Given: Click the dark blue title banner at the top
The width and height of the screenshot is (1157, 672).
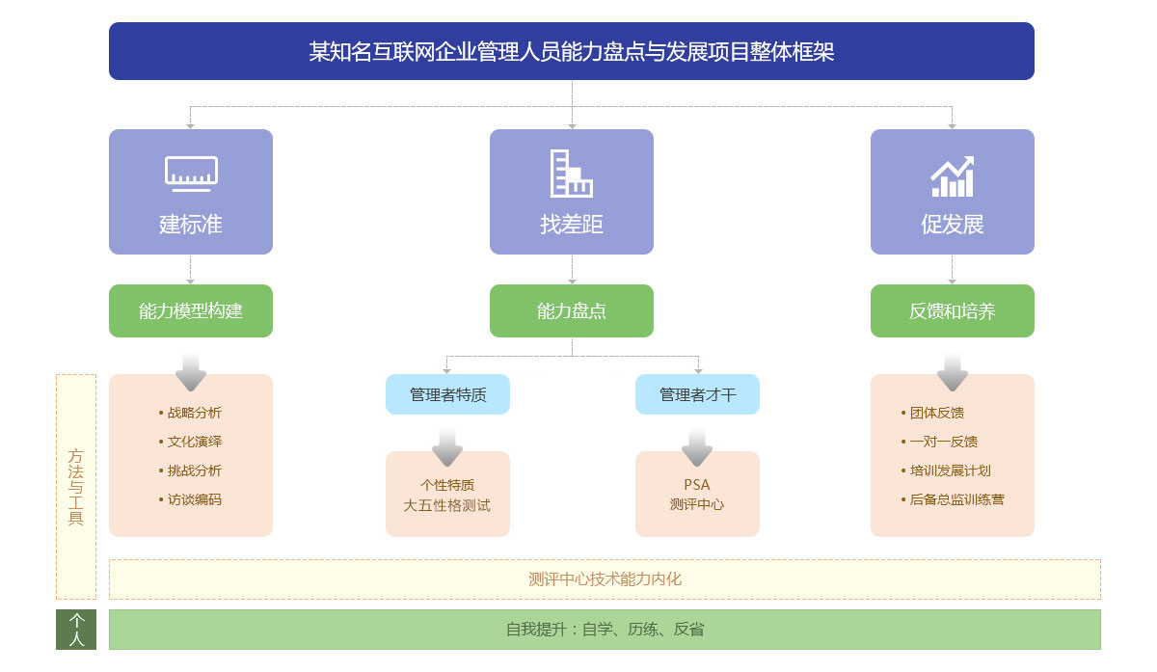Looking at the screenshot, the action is coord(571,51).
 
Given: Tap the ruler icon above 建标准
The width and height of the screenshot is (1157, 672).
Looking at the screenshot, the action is coord(191,174).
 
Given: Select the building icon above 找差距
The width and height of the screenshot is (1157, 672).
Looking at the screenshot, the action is coord(571,174).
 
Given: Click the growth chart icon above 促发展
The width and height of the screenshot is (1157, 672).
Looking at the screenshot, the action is coord(953,176).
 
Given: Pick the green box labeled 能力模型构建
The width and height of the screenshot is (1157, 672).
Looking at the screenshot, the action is coord(191,311).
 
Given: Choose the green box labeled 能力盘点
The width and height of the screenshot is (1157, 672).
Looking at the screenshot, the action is coord(571,311).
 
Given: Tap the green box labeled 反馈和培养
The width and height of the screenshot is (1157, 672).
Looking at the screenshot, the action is coord(953,311).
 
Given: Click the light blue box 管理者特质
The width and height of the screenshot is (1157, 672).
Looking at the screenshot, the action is coord(447,394).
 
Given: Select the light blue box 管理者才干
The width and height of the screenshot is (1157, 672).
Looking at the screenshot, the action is coord(697,394).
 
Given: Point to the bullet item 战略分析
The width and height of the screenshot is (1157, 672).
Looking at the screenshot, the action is coord(190,413).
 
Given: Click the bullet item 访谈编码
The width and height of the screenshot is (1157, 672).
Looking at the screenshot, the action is coord(190,499).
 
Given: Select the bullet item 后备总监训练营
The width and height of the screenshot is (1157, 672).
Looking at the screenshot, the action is coord(953,499).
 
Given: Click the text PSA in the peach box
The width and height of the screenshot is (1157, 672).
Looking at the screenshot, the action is coord(697,485).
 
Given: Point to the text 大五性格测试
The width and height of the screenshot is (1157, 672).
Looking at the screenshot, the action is coord(446,505).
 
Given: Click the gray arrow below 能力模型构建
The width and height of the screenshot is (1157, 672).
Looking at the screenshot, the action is coord(191,372).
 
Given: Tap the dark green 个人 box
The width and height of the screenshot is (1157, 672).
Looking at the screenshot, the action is coord(76,630).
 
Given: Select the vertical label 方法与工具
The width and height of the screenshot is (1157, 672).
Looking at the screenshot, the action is coord(76,487).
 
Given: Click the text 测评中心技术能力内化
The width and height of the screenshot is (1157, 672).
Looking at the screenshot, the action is coord(605,579).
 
